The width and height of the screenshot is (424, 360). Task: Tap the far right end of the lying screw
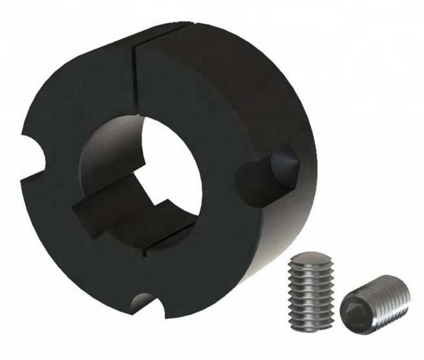point(404,290)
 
